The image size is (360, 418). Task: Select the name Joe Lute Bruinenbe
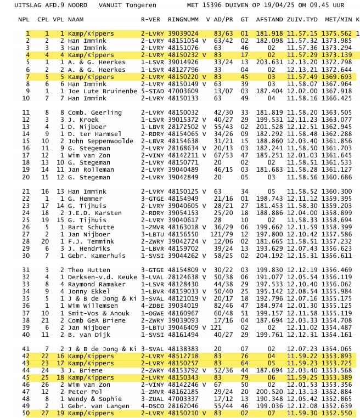[x=102, y=91]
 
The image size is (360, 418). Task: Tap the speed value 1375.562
[x=339, y=33]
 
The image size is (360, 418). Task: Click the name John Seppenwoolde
[x=100, y=141]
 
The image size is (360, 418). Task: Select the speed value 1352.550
[x=339, y=413]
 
